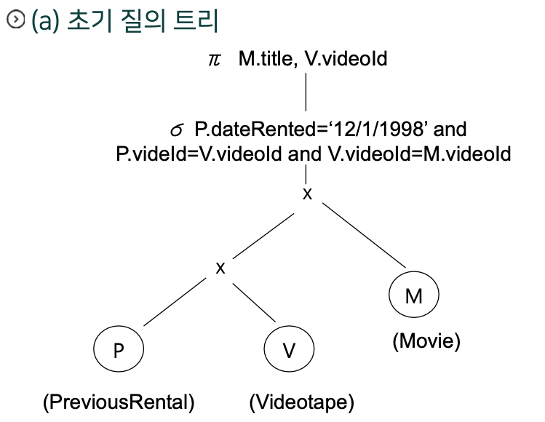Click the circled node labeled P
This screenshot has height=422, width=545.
click(x=118, y=351)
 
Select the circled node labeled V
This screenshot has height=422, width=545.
click(x=288, y=351)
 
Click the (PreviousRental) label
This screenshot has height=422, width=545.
click(x=119, y=402)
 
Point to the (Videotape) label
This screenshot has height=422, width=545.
click(x=301, y=402)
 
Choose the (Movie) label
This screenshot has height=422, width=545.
click(x=426, y=341)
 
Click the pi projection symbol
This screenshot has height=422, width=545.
click(x=213, y=59)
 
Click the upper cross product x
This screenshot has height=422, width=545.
click(x=307, y=194)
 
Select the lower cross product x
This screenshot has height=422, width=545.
click(x=220, y=267)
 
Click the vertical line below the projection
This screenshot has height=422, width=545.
click(x=306, y=90)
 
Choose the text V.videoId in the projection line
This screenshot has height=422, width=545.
click(x=346, y=59)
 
